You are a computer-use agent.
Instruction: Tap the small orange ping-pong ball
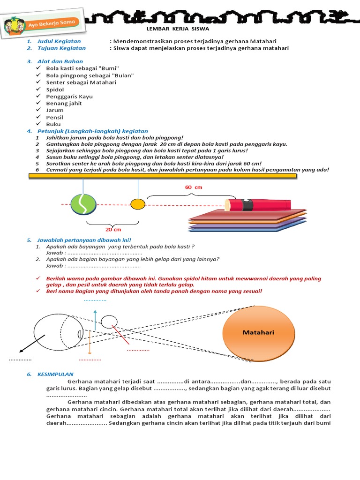[138, 204]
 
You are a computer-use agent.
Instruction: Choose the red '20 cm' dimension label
[113, 229]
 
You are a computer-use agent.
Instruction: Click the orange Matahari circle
[258, 333]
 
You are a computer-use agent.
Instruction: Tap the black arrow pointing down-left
[32, 344]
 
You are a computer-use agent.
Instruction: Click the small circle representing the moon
[109, 321]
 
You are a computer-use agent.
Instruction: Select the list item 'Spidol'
[55, 89]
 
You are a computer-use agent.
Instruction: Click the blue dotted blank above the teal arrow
[95, 300]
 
